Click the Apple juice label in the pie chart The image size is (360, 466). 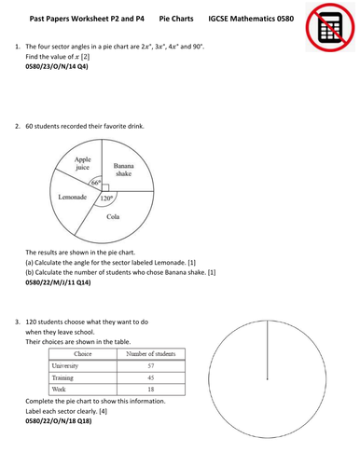[88, 164]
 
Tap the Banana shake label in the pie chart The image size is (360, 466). [124, 169]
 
